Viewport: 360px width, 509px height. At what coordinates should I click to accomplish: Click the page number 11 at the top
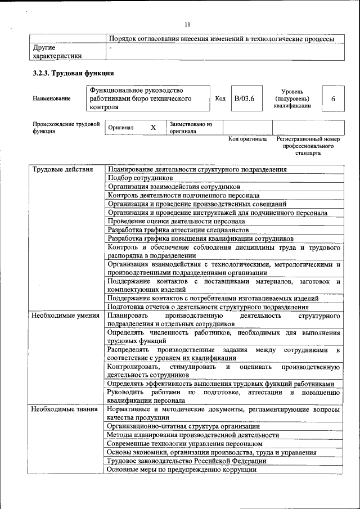pyautogui.click(x=187, y=24)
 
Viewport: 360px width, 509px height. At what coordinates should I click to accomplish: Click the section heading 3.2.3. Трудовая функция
pyautogui.click(x=73, y=73)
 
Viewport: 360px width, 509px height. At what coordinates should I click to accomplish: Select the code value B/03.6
pyautogui.click(x=244, y=98)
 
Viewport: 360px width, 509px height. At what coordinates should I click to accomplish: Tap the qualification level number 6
pyautogui.click(x=333, y=98)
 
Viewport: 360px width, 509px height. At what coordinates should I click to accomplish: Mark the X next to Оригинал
pyautogui.click(x=152, y=128)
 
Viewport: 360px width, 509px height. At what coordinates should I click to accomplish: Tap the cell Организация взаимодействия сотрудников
pyautogui.click(x=174, y=186)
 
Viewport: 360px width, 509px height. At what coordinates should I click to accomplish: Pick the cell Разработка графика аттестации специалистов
pyautogui.click(x=178, y=230)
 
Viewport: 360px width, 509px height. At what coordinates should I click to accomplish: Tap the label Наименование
pyautogui.click(x=52, y=99)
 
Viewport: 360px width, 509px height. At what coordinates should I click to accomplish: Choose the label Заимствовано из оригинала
pyautogui.click(x=190, y=128)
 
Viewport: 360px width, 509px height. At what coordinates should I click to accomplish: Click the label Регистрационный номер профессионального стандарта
pyautogui.click(x=308, y=146)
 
